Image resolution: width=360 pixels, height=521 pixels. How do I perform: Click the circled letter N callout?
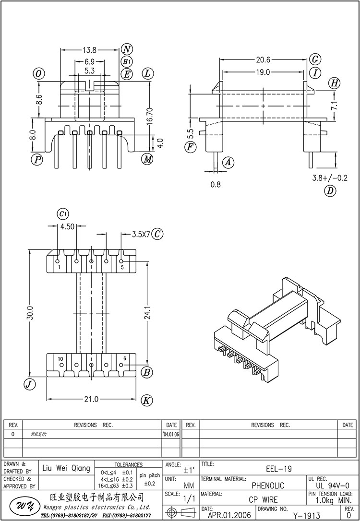tap(127, 49)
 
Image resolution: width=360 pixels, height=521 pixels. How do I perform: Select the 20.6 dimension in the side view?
tap(263, 60)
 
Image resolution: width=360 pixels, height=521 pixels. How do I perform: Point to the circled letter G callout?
tap(315, 59)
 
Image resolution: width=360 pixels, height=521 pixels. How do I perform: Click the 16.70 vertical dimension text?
tap(150, 117)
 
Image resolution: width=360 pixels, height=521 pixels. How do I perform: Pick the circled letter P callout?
tap(36, 159)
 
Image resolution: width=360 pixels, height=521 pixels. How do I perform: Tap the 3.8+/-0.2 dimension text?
tap(329, 178)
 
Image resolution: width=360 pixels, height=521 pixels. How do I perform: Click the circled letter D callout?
tap(330, 191)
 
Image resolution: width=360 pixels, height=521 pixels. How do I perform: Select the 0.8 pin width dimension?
tap(216, 184)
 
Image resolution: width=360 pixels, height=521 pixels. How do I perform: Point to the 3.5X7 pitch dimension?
tap(141, 235)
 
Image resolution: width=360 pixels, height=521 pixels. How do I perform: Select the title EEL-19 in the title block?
tap(278, 469)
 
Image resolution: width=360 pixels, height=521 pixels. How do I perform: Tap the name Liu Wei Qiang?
tap(66, 469)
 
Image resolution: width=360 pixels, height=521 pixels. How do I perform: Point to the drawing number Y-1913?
tap(306, 515)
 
